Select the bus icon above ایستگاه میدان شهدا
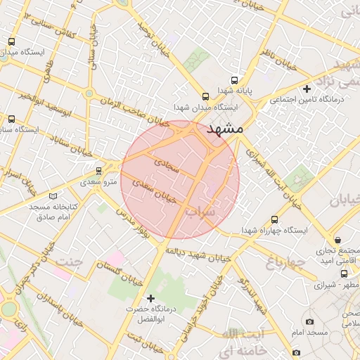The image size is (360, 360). (x=206, y=97)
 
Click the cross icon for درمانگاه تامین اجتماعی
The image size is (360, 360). (x=306, y=89)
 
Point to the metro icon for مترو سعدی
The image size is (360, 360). (x=98, y=171)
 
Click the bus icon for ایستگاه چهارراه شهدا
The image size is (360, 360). (x=274, y=219)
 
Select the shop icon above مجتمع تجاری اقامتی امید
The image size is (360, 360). (x=338, y=240)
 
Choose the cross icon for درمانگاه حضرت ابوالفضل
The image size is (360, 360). (x=150, y=298)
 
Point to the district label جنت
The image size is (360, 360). (x=70, y=262)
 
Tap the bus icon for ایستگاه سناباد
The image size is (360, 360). (x=9, y=120)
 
